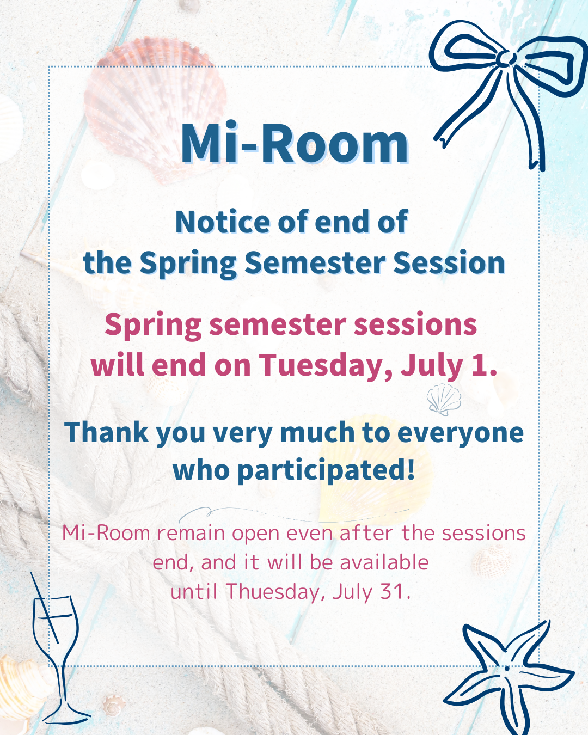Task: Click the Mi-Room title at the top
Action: click(x=295, y=143)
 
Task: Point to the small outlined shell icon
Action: click(x=444, y=399)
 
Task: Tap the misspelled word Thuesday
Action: click(x=275, y=591)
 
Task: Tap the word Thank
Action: click(x=107, y=432)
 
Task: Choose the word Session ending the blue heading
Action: click(x=449, y=262)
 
